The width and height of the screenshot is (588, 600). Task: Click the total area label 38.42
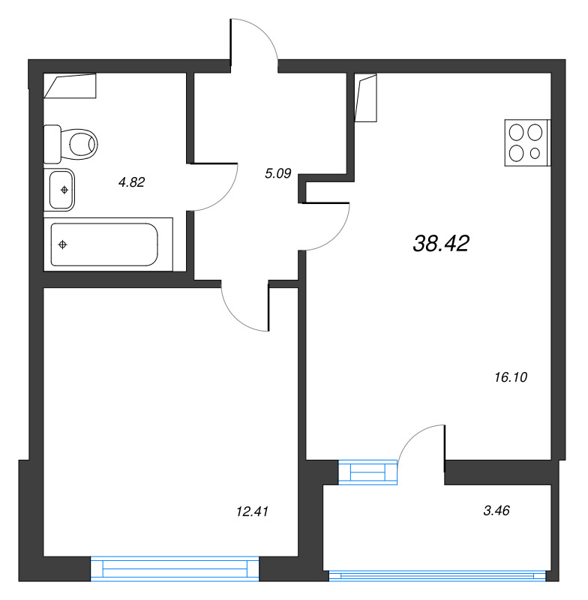[441, 243]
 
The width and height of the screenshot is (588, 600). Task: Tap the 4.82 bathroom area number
[131, 182]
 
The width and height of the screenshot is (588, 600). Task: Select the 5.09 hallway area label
[278, 173]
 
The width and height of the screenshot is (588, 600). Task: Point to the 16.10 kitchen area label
[511, 377]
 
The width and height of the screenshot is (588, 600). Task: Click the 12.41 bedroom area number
[253, 511]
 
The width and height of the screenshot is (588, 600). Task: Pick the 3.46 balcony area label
[496, 511]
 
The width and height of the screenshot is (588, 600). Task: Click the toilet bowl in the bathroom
[70, 144]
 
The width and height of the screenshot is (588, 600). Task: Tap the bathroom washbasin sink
[59, 190]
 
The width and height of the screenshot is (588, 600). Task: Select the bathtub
[104, 244]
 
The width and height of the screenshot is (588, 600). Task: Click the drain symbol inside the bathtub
[63, 244]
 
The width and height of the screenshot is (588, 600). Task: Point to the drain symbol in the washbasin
[64, 190]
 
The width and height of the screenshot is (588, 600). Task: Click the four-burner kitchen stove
[527, 142]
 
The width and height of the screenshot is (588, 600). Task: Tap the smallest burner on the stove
[535, 154]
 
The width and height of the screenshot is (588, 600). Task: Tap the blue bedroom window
[175, 568]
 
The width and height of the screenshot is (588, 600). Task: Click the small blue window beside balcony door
[368, 472]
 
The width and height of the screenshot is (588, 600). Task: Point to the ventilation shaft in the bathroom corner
[70, 85]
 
